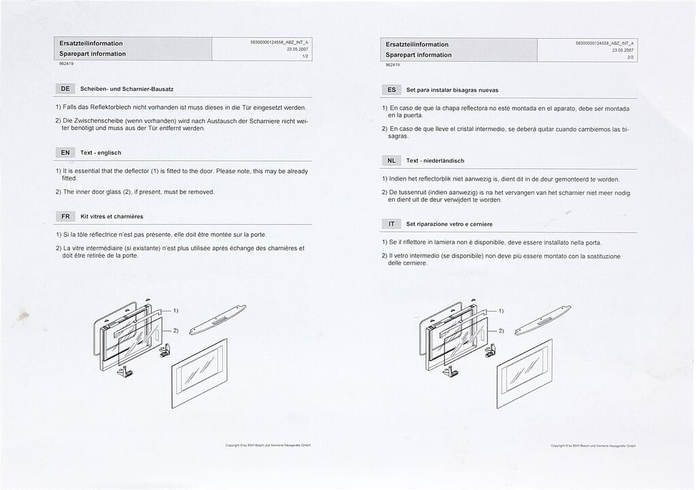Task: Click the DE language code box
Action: click(x=65, y=89)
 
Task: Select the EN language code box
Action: click(x=65, y=153)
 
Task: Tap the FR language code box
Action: click(x=65, y=216)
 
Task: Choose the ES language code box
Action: click(x=392, y=90)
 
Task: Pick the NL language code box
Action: click(x=392, y=161)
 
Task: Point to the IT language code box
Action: click(x=392, y=224)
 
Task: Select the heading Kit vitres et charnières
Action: click(x=112, y=217)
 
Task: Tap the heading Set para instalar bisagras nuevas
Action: click(x=453, y=90)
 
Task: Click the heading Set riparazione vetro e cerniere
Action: click(x=449, y=225)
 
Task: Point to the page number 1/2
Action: click(x=306, y=56)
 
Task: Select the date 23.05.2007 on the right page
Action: click(x=623, y=50)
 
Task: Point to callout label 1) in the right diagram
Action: click(x=501, y=312)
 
